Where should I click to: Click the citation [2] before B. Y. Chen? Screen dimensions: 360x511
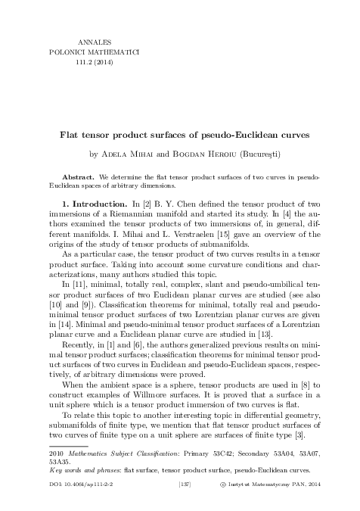[x=147, y=205]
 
